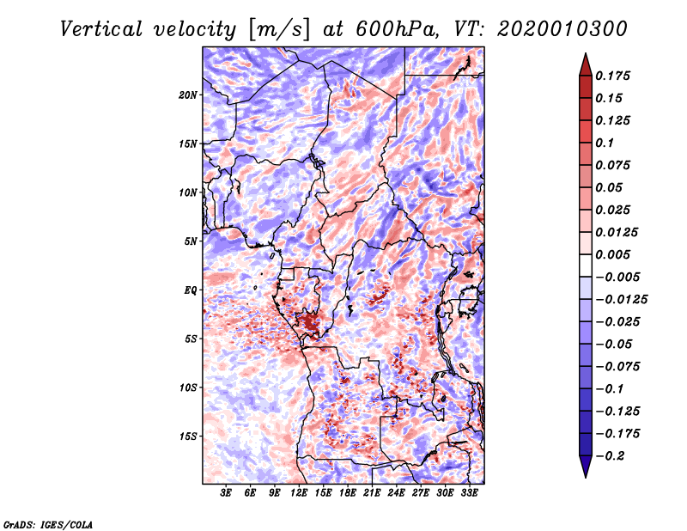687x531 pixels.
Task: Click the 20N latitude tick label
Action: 187,95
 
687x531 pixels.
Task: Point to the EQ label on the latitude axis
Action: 190,290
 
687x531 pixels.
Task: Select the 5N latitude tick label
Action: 190,241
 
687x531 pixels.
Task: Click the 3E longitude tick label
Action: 226,493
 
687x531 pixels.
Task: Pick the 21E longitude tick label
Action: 372,493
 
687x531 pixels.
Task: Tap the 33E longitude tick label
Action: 469,493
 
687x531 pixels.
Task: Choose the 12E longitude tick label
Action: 298,493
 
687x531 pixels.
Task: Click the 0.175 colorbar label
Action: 612,76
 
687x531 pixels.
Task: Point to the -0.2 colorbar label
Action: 610,456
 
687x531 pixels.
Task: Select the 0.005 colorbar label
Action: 612,254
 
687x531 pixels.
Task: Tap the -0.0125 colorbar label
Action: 621,300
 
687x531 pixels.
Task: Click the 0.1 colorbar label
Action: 605,143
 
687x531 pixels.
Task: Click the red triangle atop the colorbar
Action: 586,65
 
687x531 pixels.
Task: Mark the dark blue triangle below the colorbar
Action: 586,467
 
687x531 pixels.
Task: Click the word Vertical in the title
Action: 101,29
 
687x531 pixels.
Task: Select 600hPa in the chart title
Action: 398,29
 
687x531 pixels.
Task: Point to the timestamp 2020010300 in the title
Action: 562,29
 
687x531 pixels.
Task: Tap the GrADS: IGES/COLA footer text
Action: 48,524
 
